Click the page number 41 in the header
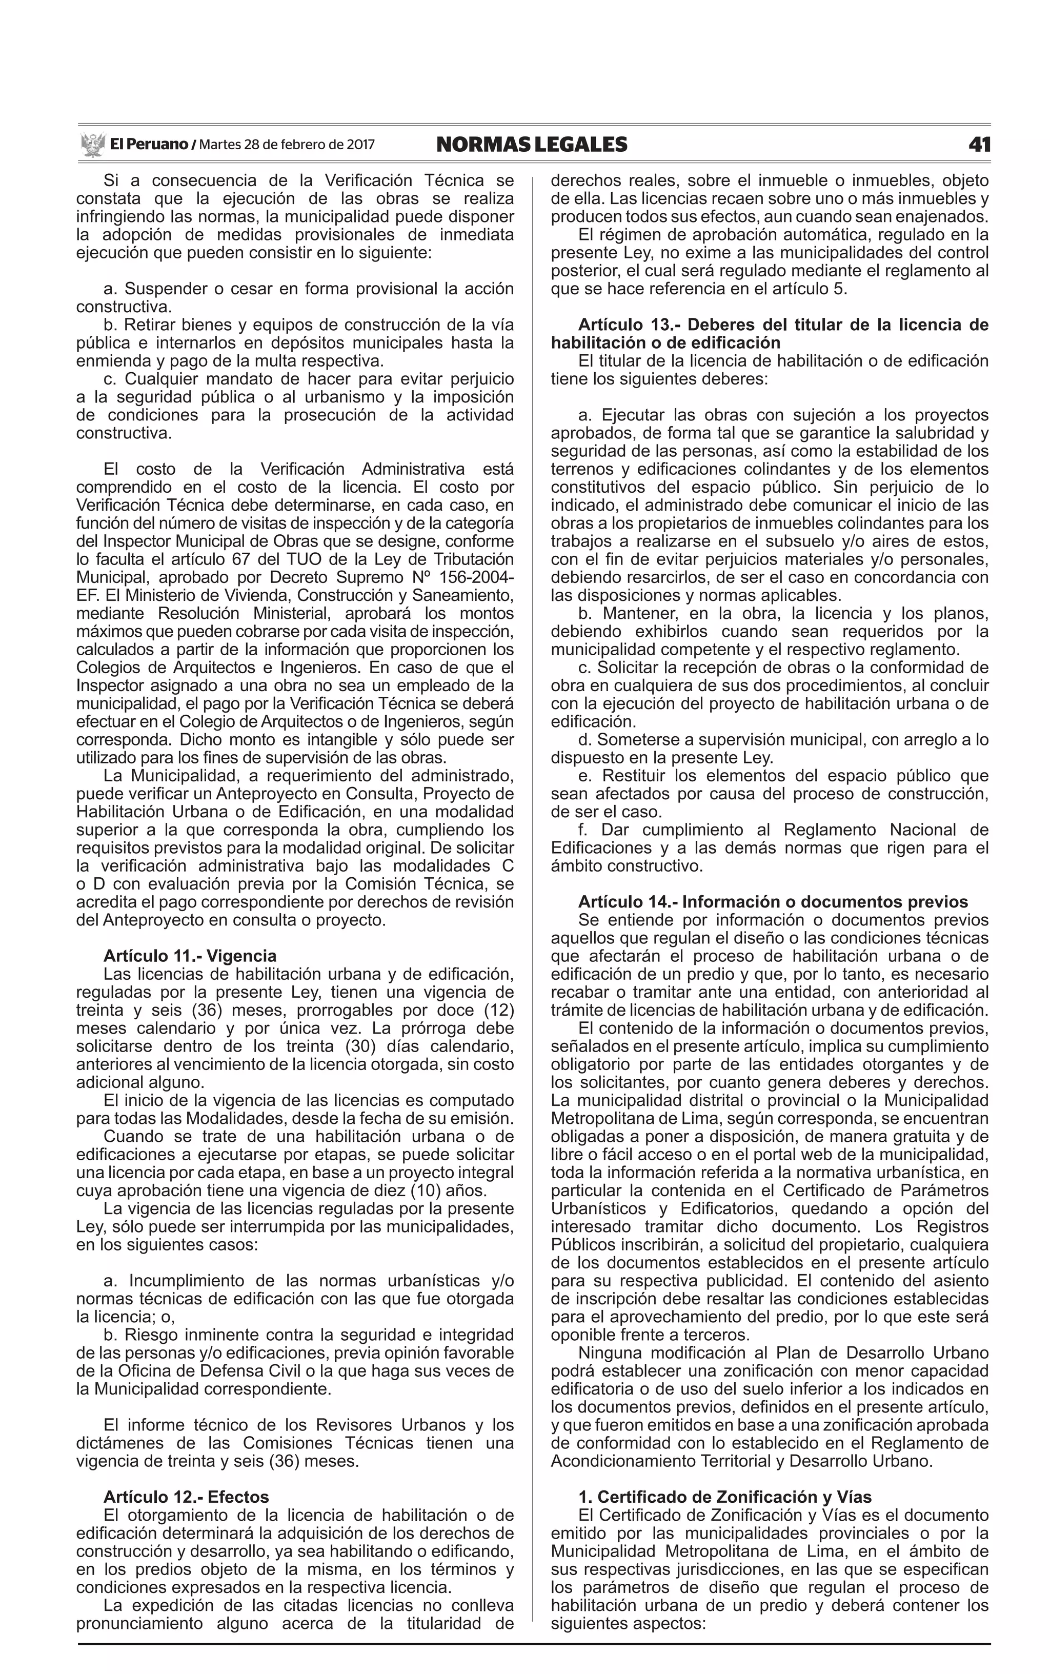(x=979, y=145)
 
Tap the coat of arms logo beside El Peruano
(x=92, y=145)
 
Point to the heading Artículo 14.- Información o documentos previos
(x=772, y=902)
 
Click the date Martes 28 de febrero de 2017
(x=287, y=145)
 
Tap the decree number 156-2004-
(x=479, y=578)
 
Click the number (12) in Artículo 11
(x=497, y=1010)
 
